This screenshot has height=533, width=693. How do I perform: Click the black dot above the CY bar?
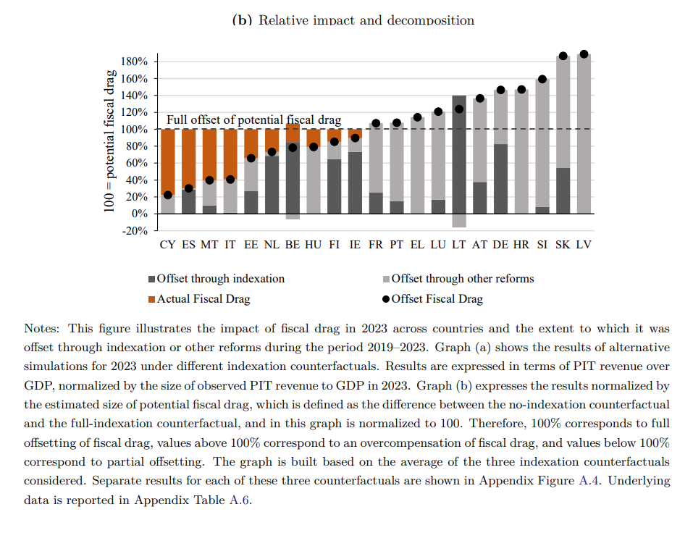pos(168,195)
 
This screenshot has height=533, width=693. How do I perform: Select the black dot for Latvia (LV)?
pos(584,54)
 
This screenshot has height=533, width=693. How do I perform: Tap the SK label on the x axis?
pos(563,245)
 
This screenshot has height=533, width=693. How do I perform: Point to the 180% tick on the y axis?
pos(134,62)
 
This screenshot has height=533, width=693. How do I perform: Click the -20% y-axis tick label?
pos(134,231)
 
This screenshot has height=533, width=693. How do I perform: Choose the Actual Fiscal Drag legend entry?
pos(203,299)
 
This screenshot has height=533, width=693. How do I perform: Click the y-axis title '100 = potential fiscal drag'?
pos(109,141)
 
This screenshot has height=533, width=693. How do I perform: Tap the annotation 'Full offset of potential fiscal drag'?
pos(253,120)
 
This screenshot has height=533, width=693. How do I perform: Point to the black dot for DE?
pos(500,91)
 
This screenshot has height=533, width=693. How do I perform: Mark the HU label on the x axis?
pos(314,245)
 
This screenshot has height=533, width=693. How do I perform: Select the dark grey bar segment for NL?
pos(272,184)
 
